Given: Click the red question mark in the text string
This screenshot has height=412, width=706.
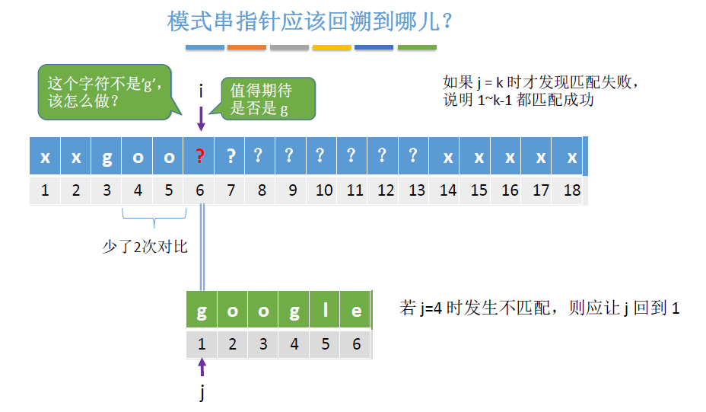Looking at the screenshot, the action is click(199, 157).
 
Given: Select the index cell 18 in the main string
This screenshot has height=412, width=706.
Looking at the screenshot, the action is click(571, 190).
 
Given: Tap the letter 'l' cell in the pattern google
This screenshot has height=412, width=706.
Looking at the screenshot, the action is click(326, 311).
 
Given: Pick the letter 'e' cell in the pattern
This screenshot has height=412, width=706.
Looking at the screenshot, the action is click(356, 311).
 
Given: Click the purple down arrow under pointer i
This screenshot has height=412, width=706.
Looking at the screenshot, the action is click(201, 120).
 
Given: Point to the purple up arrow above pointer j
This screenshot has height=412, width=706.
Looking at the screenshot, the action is click(202, 368).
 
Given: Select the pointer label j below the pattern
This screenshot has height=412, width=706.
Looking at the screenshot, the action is click(202, 393).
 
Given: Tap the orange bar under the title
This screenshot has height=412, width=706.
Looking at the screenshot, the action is click(246, 47).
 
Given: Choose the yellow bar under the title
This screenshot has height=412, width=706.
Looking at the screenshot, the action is click(332, 47).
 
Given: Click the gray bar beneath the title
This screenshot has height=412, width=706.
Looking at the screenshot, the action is click(289, 47).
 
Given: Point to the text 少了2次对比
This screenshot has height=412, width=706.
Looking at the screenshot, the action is click(145, 248).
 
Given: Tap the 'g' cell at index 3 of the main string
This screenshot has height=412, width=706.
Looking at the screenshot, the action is click(107, 157).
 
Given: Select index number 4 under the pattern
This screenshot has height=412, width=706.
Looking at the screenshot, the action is click(294, 344).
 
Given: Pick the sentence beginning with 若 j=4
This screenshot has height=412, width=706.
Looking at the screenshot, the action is click(539, 308).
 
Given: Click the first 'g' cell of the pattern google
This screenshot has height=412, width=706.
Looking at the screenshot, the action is click(202, 311).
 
